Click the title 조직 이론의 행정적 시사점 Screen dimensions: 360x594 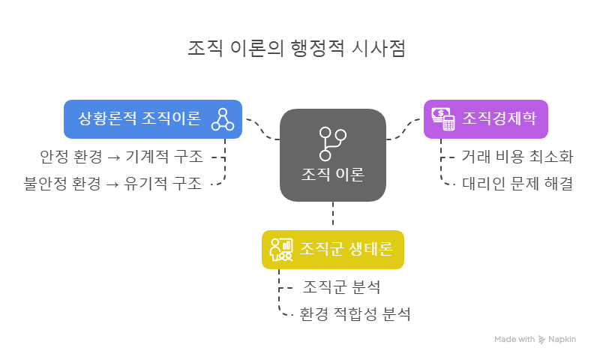coord(296,49)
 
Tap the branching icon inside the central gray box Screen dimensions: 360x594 coord(332,142)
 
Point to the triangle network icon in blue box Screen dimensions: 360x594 coord(223,118)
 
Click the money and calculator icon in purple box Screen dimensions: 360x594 coord(443,118)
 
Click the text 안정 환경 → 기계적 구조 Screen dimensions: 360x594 coord(121,157)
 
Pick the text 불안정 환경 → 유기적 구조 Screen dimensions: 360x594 coord(112,184)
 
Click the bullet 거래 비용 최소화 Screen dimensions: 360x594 coord(517,157)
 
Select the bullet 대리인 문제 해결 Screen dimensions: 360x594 coord(517,184)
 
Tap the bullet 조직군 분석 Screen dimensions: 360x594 coord(341,287)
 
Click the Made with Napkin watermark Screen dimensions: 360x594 coord(535,339)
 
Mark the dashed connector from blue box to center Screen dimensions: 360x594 coord(261,129)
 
